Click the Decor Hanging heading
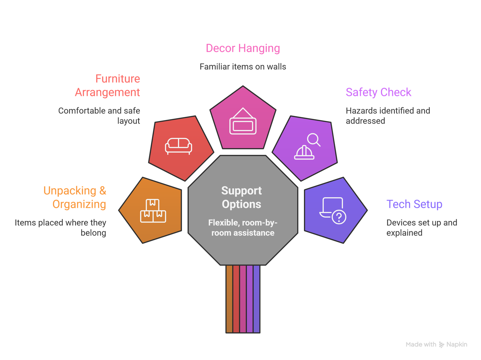243,48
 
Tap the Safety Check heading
378,92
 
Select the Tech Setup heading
414,204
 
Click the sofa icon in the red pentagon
179,146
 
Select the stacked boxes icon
153,211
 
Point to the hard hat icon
304,152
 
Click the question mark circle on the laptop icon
339,217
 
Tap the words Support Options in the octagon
242,197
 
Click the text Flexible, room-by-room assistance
243,228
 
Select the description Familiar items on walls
243,67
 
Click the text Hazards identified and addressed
388,116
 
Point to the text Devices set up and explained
421,228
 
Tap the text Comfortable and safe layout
99,116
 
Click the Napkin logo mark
441,345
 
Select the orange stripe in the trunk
229,299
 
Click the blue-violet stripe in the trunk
256,299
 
